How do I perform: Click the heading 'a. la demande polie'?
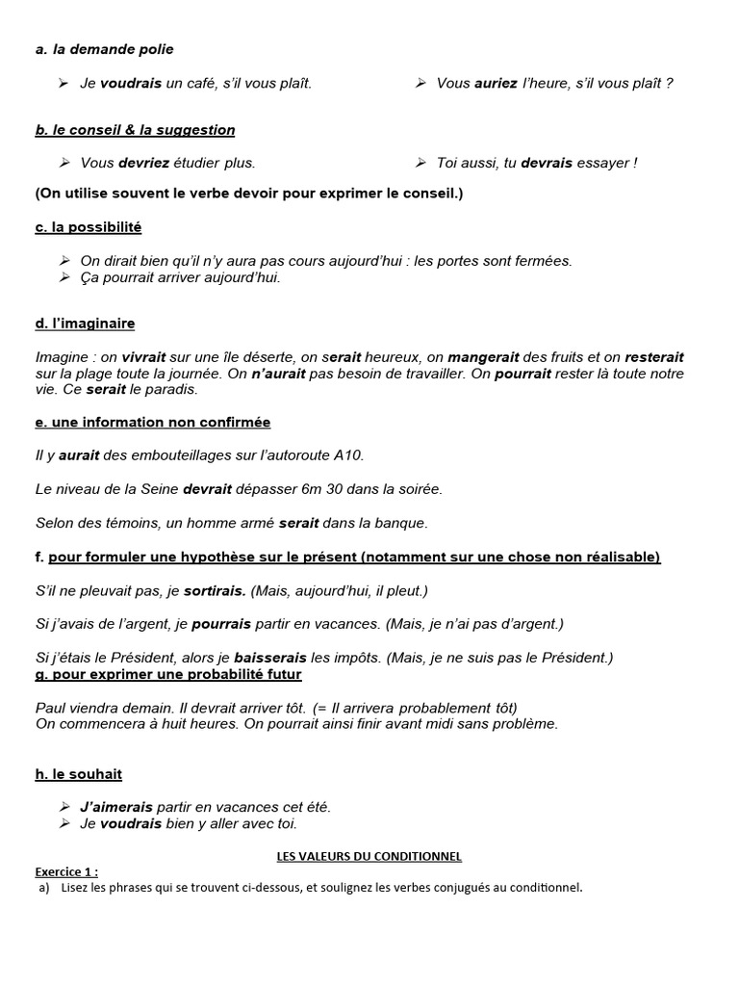tap(105, 49)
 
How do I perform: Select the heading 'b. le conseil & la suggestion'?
tap(135, 130)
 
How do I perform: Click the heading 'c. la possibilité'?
tap(89, 227)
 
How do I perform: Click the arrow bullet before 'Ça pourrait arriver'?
tap(64, 277)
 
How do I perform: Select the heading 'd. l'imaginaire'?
tap(86, 324)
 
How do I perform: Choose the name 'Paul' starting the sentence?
tap(51, 708)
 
